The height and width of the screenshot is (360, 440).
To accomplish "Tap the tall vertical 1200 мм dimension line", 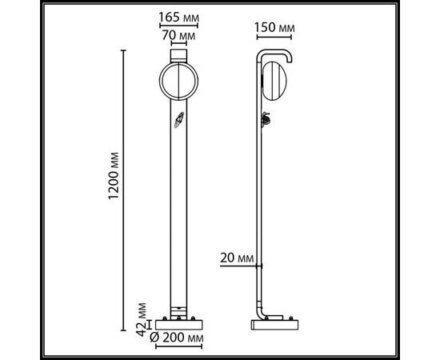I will click(123, 184).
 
